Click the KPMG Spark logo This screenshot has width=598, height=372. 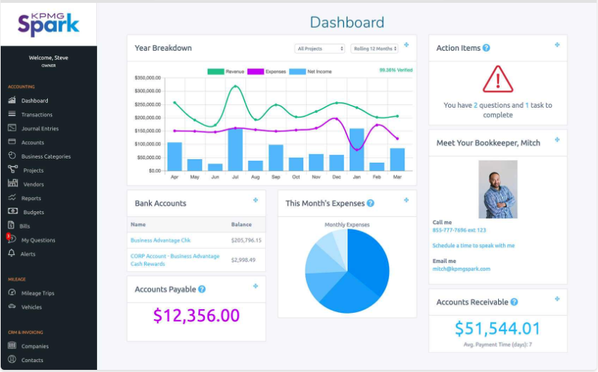tap(49, 24)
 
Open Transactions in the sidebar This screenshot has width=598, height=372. tap(36, 114)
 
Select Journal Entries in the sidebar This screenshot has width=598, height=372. tap(40, 129)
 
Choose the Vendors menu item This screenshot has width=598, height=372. tap(33, 184)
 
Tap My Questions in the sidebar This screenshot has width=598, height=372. tap(38, 240)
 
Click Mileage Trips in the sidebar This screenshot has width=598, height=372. tap(37, 293)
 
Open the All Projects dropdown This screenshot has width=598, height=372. tap(320, 49)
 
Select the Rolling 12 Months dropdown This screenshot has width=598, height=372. tap(375, 49)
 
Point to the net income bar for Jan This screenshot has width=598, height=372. tap(357, 149)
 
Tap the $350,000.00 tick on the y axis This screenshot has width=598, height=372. tap(147, 78)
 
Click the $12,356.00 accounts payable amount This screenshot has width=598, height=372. tap(196, 316)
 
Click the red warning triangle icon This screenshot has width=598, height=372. tap(497, 79)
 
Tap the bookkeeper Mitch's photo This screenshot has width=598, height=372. tap(497, 189)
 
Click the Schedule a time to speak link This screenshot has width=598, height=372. tap(473, 246)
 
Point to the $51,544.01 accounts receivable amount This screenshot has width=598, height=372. tap(497, 328)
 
